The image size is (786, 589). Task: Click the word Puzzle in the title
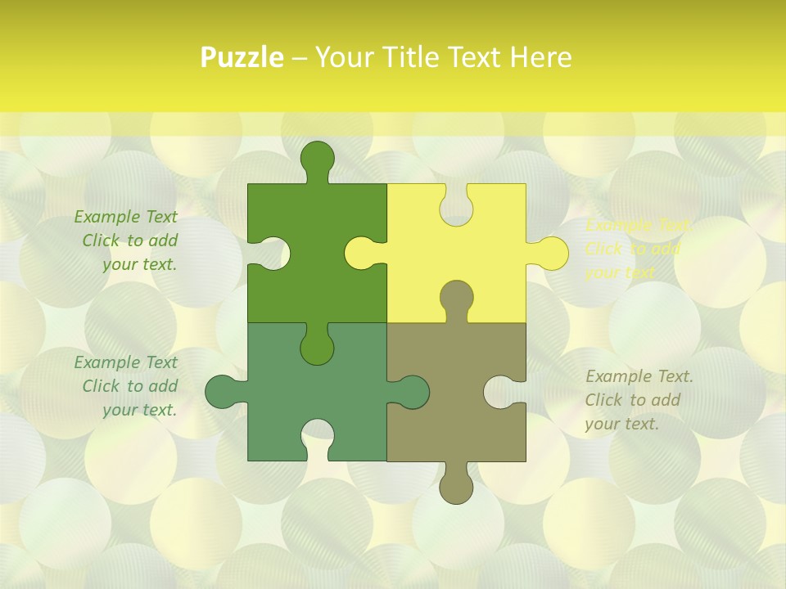click(x=242, y=57)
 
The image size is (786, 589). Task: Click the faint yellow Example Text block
click(x=639, y=249)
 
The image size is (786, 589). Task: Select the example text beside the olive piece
click(x=639, y=400)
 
